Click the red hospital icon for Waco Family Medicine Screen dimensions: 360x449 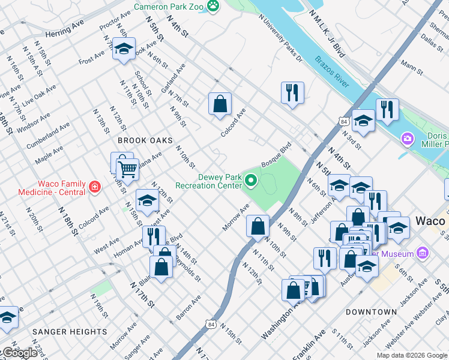click(94, 188)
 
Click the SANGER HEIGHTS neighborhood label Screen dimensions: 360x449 click(70, 331)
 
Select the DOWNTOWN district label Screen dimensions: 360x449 click(371, 312)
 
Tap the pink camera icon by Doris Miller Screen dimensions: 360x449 click(408, 139)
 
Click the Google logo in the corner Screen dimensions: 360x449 click(19, 353)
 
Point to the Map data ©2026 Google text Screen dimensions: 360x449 click(412, 355)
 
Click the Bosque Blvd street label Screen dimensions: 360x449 click(276, 155)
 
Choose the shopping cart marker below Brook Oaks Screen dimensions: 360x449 click(127, 170)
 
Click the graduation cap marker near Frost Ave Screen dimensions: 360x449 click(124, 49)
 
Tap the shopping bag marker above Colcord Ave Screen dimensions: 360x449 click(220, 103)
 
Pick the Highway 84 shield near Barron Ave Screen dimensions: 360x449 click(210, 325)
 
